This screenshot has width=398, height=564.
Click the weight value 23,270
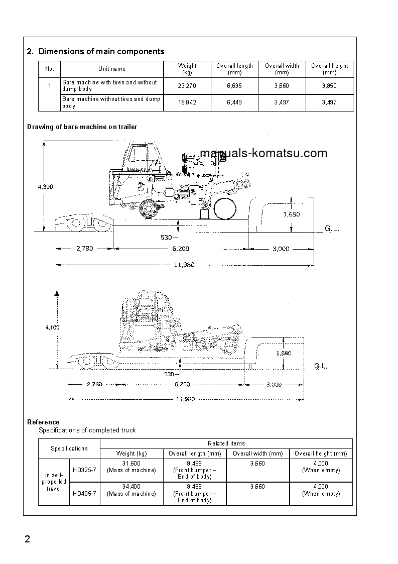click(187, 86)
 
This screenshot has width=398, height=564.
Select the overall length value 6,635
click(234, 86)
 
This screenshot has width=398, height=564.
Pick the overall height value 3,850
click(329, 86)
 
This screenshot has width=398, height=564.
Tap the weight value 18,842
click(187, 102)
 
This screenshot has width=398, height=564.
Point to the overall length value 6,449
click(234, 102)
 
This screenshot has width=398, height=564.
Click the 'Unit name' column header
click(112, 69)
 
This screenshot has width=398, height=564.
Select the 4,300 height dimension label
click(45, 187)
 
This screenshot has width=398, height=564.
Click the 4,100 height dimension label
click(52, 327)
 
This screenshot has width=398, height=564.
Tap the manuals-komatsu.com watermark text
click(263, 154)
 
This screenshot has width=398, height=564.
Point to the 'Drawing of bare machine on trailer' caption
click(82, 127)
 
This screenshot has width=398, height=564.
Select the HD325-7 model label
click(84, 471)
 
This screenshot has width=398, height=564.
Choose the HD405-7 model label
click(84, 494)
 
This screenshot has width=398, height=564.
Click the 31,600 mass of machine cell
click(131, 467)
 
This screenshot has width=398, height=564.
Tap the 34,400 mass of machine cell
click(131, 490)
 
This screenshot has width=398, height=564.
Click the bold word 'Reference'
click(43, 422)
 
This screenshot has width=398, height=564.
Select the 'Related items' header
click(226, 443)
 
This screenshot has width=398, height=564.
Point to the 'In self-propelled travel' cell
click(54, 482)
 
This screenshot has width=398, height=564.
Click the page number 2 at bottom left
click(28, 540)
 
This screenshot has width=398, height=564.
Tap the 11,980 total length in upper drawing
click(184, 265)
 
